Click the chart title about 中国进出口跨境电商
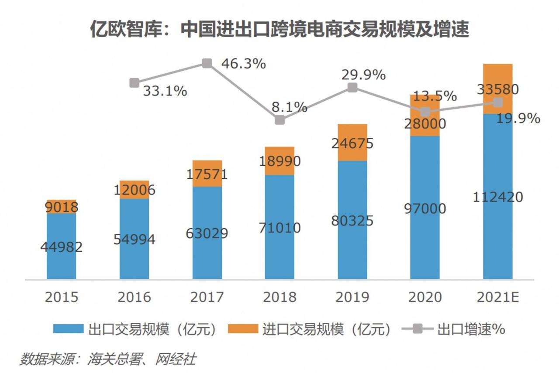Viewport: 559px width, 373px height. point(279,30)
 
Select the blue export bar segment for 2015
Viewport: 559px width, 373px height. point(61,246)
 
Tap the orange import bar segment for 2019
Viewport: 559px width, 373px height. point(352,142)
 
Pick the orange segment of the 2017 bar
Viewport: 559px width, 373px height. point(207,174)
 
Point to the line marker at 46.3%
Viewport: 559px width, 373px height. point(207,63)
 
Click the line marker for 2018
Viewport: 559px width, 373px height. point(280,120)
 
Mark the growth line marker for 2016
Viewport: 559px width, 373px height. point(135,82)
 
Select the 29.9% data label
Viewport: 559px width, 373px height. point(363,75)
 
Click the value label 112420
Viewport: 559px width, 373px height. point(498,197)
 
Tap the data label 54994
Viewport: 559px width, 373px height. point(134,240)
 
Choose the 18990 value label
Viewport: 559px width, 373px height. point(279,161)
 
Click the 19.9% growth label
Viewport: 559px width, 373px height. point(519,118)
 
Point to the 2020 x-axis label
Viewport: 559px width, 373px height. point(425,297)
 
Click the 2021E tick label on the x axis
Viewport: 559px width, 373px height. point(498,297)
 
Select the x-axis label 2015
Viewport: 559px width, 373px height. point(61,297)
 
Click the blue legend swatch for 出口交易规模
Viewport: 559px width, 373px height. point(68,329)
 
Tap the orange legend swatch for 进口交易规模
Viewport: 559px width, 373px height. point(243,329)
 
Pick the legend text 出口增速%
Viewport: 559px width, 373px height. point(471,329)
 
